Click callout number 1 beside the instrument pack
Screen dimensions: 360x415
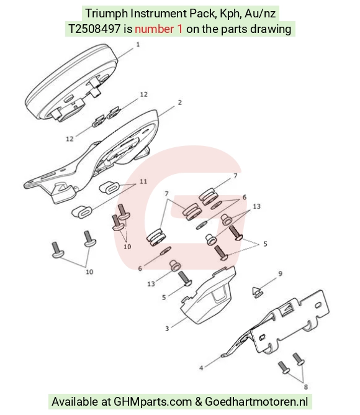(138, 45)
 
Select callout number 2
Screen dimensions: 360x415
(180, 103)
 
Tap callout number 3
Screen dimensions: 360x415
(167, 329)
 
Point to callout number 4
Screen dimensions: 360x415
(201, 368)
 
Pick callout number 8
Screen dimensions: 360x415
(306, 387)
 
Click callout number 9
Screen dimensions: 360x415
(281, 273)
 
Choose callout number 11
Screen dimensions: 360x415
(143, 181)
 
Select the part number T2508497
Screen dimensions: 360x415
(94, 29)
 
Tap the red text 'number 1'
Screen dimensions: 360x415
(159, 29)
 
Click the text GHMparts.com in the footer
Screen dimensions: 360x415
(153, 402)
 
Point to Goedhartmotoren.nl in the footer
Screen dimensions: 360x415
(256, 401)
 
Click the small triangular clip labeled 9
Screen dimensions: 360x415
(257, 292)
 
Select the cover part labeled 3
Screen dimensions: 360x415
(208, 296)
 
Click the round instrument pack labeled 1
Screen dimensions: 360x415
(71, 83)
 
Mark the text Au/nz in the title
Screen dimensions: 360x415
(260, 13)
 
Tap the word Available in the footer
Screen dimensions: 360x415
(74, 401)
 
